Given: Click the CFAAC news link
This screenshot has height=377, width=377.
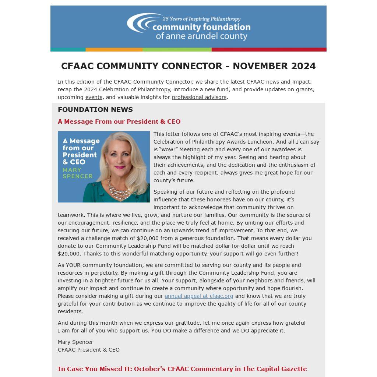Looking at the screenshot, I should (263, 82).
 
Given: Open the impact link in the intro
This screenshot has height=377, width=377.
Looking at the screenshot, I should (301, 82).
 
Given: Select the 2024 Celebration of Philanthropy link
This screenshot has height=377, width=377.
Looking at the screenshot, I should (127, 89).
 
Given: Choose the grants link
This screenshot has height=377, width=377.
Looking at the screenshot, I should (304, 89).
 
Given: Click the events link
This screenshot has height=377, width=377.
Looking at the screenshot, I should (94, 97).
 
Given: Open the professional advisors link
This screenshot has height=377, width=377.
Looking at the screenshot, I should (199, 97).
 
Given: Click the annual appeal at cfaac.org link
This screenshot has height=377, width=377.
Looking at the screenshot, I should (199, 296).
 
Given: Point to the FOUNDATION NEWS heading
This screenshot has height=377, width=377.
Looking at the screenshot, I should (95, 109).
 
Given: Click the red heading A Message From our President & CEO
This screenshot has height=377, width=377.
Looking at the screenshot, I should (119, 121).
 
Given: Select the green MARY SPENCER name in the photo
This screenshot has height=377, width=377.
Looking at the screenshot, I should (77, 173).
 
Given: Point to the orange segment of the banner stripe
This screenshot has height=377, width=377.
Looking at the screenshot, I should (114, 50).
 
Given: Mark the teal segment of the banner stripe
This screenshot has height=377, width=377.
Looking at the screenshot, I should (68, 50).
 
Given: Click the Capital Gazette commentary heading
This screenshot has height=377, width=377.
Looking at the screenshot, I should (182, 369).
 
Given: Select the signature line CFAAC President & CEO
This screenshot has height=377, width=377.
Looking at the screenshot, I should (89, 350).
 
